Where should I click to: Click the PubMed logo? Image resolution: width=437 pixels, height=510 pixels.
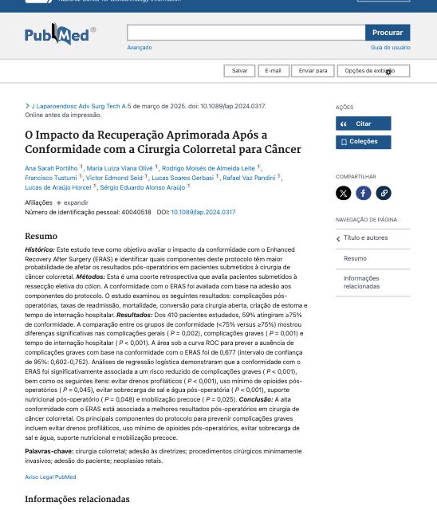(60, 34)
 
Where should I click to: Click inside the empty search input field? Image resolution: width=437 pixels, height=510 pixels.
(246, 33)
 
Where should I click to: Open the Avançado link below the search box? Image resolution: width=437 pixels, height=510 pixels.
(140, 48)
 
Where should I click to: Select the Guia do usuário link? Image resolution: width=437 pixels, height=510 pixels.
(390, 48)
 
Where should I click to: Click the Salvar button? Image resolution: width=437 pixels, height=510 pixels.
(239, 71)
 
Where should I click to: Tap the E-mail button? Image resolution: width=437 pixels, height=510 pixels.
(273, 71)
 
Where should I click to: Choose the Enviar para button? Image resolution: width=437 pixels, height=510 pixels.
(313, 71)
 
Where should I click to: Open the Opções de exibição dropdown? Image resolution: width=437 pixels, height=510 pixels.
(372, 71)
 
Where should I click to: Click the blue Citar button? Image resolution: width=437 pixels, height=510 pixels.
(363, 124)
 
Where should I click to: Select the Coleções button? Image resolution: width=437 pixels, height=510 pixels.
(363, 142)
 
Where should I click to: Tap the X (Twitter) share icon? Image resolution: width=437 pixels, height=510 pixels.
(344, 193)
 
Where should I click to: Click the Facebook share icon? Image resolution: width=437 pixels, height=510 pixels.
(364, 193)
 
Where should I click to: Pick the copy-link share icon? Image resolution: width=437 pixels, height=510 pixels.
(384, 193)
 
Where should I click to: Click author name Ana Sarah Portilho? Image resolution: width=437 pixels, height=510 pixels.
(51, 168)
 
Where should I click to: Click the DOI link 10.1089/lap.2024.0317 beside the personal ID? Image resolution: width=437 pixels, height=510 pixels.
(203, 213)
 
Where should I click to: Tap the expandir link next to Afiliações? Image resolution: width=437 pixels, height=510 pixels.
(73, 203)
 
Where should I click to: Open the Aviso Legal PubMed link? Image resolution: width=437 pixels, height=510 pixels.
(50, 477)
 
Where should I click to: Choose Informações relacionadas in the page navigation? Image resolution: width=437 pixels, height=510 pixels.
(361, 282)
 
